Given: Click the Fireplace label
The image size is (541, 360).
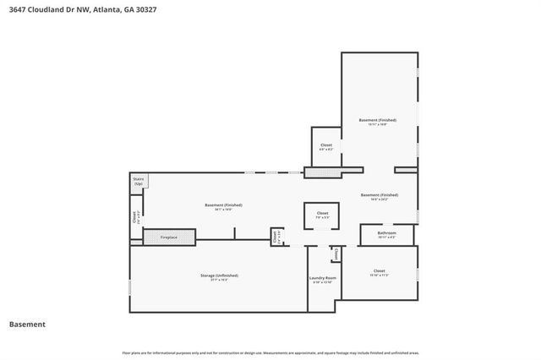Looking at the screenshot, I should pos(169,237).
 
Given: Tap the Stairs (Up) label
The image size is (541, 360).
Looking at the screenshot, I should pos(138,182).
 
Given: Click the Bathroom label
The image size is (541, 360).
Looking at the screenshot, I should pos(387,232).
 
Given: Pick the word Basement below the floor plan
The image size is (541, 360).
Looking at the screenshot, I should pos(27,325).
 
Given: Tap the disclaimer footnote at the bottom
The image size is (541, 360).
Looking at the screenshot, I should pos(270,352).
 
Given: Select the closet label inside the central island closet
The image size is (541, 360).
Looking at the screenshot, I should pos(322,213).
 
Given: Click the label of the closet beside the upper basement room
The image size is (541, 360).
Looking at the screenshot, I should pos(325,145).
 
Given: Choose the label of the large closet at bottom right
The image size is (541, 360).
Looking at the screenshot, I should pos(379,271).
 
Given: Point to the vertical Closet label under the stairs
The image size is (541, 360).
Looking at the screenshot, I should pos(135,217).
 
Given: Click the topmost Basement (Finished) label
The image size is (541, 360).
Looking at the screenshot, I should pos(377,120).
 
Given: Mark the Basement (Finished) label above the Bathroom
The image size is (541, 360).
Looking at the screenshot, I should pos(379,195).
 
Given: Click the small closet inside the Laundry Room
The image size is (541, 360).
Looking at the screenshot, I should pos(336,254).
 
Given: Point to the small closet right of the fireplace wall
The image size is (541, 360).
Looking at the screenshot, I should pos(276,237).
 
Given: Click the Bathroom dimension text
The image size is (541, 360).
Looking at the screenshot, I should pos(387,237).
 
